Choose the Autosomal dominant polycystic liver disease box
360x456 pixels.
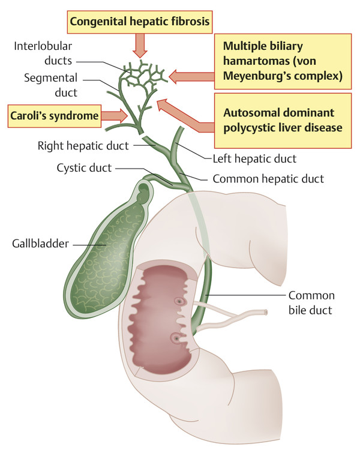282,119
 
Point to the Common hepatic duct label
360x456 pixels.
269,178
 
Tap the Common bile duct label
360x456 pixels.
311,304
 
